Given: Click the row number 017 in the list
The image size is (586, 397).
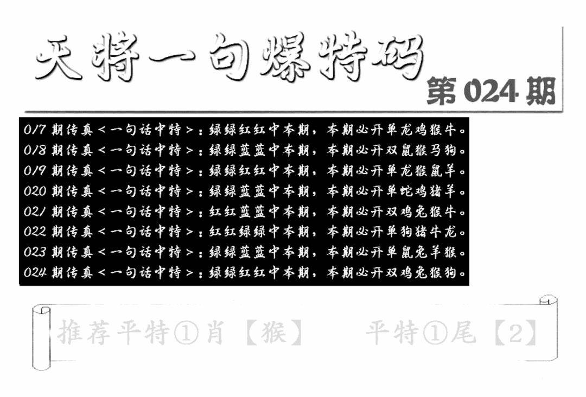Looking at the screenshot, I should coord(35,130).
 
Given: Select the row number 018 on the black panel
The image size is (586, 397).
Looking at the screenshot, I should coord(35,150).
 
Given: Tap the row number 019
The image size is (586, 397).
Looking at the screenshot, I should coord(35,171).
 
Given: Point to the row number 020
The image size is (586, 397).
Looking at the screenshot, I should coord(35,191).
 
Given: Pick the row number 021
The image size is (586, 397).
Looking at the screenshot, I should coord(35,212).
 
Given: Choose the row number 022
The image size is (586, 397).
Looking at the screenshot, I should coord(35,232).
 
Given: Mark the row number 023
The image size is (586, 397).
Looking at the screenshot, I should coord(35,252).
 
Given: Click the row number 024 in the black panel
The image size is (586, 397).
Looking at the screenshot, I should coord(35,272).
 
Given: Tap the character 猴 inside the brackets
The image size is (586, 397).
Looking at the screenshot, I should coord(273,333).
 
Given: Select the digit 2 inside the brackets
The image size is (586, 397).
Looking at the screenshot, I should coord(515,333).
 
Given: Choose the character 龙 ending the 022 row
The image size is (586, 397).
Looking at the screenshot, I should coord(461,232).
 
